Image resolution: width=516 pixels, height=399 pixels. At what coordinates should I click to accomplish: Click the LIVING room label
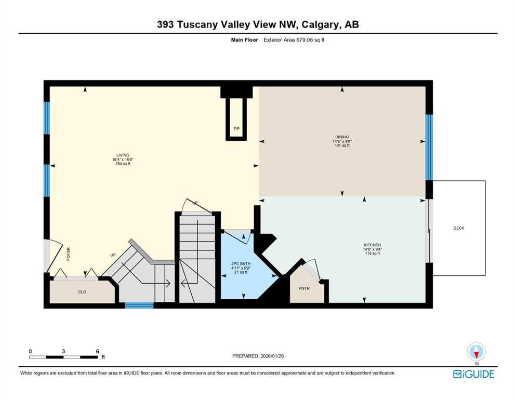click(123, 155)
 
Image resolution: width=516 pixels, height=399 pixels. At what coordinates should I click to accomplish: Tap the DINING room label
click(342, 137)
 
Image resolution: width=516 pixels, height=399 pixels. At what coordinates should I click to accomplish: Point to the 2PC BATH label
click(241, 264)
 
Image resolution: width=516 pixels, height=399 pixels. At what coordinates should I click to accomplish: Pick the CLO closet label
click(82, 292)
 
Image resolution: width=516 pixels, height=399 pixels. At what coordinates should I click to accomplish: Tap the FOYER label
click(68, 254)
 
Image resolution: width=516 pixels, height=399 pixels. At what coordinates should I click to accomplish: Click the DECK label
click(458, 228)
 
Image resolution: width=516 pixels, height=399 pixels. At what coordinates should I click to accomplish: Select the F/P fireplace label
click(236, 128)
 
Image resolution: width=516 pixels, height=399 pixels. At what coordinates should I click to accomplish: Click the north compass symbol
click(476, 352)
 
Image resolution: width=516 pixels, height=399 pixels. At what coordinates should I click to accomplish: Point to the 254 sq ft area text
click(123, 164)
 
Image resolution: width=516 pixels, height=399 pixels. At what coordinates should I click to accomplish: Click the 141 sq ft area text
click(342, 146)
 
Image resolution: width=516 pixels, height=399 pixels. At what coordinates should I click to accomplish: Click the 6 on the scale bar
click(97, 351)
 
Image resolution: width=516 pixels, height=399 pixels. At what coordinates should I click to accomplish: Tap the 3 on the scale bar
click(63, 351)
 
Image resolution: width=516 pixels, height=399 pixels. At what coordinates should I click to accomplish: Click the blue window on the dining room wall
click(429, 147)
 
